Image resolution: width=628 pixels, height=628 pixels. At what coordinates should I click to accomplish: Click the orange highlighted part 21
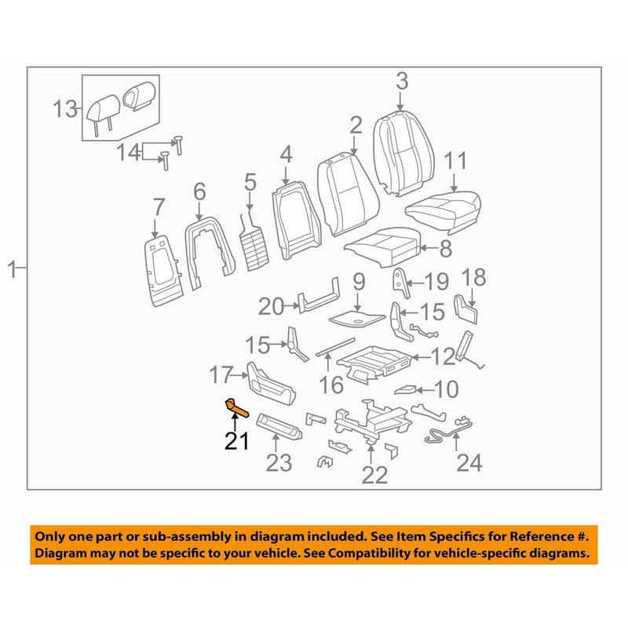pos(236,406)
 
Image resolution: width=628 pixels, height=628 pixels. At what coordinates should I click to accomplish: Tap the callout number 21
pos(236,441)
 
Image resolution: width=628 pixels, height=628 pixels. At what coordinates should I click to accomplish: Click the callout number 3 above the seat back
pos(401,81)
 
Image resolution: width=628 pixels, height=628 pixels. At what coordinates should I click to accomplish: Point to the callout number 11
pos(456,162)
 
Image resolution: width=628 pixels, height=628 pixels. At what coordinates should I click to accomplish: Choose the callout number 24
pos(469,463)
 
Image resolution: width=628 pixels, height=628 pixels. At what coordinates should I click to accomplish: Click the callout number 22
pos(375,473)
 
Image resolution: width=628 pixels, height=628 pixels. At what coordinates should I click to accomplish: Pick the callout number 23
pos(279,463)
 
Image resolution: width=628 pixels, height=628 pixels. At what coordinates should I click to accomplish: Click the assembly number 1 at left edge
pos(12,271)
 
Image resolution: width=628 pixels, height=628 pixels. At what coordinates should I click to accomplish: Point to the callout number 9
pos(358,280)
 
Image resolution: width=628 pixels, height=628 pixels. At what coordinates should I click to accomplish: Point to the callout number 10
pos(446,389)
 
